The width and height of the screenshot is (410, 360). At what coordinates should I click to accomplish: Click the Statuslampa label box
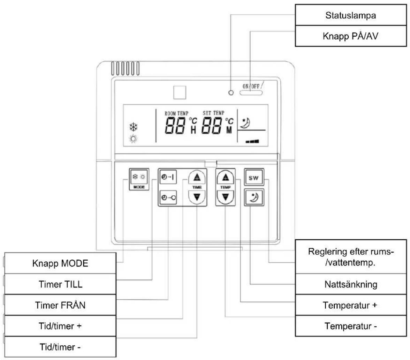tap(351, 15)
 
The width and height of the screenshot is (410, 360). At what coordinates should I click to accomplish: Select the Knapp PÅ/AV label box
tap(351, 36)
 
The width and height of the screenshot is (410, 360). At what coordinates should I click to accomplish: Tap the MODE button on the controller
tap(139, 179)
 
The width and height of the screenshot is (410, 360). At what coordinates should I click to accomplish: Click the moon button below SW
tap(254, 197)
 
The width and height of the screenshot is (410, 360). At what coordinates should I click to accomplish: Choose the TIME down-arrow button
tap(197, 197)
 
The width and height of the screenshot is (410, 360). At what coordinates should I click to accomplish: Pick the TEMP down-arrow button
tap(225, 197)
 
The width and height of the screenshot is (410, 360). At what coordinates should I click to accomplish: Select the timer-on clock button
tap(168, 177)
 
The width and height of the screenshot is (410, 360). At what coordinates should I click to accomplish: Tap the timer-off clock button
tap(168, 197)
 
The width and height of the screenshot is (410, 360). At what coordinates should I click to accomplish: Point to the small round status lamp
tap(231, 92)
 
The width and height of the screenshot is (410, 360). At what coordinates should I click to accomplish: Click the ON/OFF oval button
tap(251, 92)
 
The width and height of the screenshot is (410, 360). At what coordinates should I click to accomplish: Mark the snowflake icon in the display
tap(134, 127)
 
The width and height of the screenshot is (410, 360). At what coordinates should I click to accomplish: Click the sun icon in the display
tap(133, 139)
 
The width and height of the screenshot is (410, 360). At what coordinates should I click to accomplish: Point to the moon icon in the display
tap(245, 123)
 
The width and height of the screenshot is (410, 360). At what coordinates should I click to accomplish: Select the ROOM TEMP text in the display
tap(176, 113)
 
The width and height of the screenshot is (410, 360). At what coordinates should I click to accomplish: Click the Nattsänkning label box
tap(351, 284)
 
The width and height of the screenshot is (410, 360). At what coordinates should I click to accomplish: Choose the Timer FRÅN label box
tap(60, 305)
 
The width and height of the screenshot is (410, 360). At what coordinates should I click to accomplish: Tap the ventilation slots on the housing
tap(125, 68)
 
